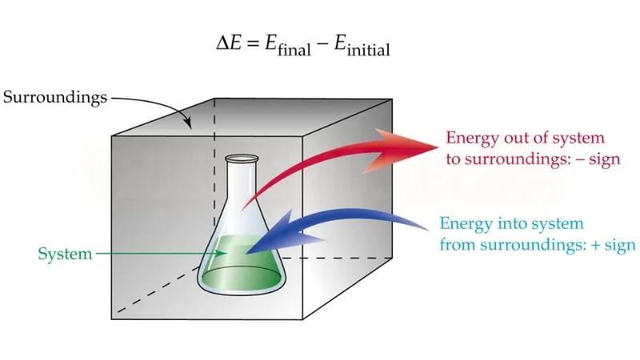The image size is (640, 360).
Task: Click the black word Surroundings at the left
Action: pos(54,98)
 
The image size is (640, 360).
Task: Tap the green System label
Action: pos(64,254)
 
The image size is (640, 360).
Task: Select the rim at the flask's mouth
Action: pos(242,160)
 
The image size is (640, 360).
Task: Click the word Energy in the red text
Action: pos(470,138)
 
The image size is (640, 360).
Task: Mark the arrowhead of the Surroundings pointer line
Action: pos(189,128)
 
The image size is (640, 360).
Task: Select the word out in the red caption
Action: pos(513,138)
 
